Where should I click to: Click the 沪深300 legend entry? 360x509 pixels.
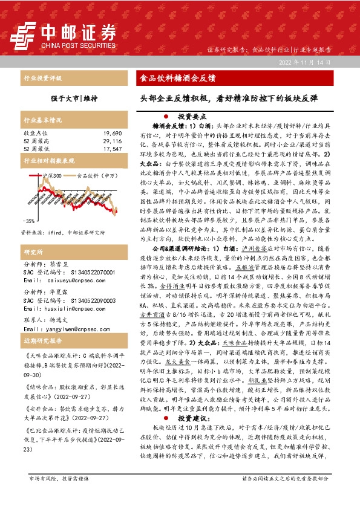(52, 175)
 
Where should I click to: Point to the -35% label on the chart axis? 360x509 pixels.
(28, 221)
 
